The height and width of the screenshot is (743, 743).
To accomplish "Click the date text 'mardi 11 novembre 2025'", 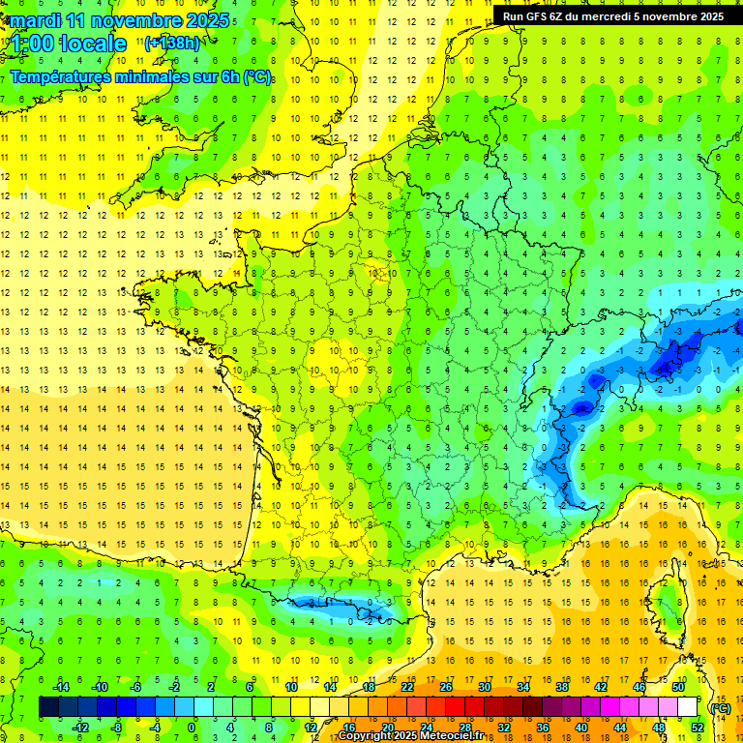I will coord(121,20).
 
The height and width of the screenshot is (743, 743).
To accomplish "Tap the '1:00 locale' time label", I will coord(69,44).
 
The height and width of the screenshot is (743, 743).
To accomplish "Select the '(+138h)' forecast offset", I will coord(174,44).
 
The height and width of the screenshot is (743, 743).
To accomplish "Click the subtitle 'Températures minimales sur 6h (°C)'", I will coord(140,76).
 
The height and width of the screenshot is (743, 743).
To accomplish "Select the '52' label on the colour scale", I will coord(697,727).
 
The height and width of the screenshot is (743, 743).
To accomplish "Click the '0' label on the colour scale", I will coord(192,727).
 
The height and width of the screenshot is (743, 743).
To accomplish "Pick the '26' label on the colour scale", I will coord(446,687).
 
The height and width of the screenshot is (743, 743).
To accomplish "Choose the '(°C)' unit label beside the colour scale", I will coord(721,707).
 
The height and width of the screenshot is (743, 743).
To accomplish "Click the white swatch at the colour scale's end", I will coord(687,707).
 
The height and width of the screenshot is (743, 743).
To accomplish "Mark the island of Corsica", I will coord(666,600).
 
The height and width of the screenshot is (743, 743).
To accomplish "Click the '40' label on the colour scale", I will coord(580,727).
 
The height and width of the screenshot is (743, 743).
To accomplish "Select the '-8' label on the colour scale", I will coord(116,727).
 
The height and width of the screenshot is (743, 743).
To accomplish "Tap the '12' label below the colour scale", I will coord(310,727).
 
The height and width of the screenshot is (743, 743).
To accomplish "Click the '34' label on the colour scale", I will coord(523,687).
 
